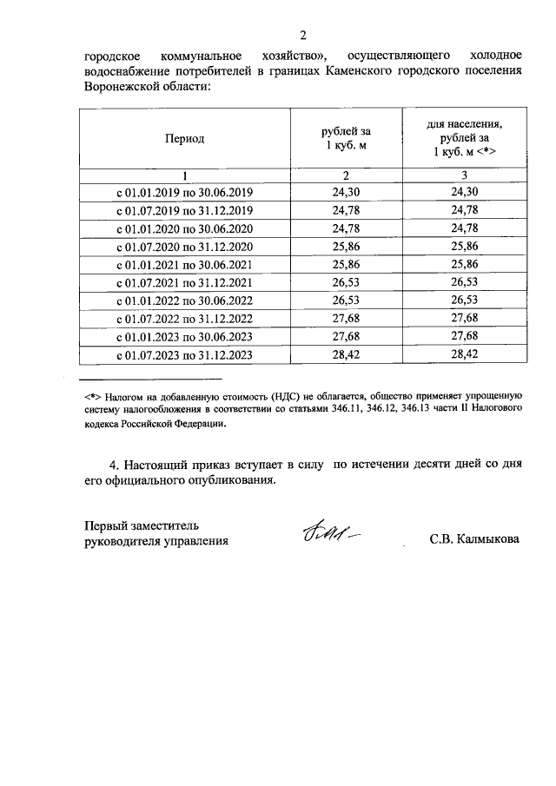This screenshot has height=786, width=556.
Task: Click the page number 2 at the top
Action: [x=303, y=36]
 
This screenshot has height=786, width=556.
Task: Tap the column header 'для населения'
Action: [x=464, y=125]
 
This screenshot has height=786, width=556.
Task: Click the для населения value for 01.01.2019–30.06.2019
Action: [x=465, y=192]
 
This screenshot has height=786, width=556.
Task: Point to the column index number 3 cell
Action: [x=465, y=175]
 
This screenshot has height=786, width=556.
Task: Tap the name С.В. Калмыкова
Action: [x=474, y=539]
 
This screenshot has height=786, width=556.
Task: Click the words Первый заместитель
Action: [x=142, y=525]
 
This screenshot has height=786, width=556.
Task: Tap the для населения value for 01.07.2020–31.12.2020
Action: [x=465, y=246]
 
